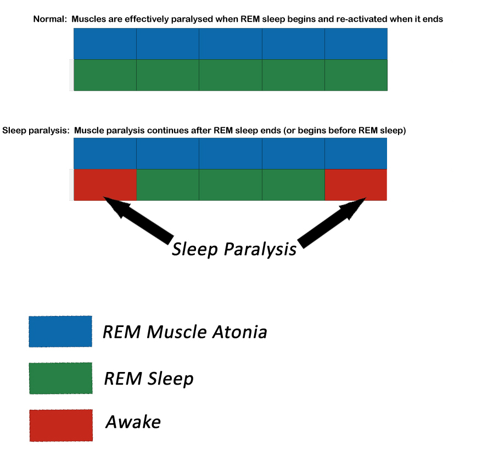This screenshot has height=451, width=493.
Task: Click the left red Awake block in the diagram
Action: click(x=105, y=185)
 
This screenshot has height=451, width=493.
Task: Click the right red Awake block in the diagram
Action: click(x=356, y=185)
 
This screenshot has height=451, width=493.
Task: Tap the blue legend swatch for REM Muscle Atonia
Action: click(x=60, y=331)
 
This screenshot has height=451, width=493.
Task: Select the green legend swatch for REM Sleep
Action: click(x=61, y=378)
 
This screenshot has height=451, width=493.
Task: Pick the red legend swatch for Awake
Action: click(x=61, y=425)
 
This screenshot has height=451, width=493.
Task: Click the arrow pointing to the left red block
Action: click(x=138, y=220)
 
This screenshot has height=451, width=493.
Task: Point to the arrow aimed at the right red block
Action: click(x=332, y=223)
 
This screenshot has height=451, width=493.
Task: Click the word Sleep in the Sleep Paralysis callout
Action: click(x=195, y=250)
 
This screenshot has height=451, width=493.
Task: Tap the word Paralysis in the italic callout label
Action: click(x=260, y=250)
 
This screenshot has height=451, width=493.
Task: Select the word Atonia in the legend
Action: click(x=239, y=332)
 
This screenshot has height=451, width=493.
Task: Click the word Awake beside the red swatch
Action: click(x=133, y=422)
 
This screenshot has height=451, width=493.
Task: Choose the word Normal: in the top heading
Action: click(x=50, y=19)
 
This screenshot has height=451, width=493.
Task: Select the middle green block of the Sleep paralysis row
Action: click(x=231, y=185)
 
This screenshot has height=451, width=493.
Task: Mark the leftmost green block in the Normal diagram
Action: click(x=105, y=75)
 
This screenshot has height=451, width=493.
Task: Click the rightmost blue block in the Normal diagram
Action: click(x=356, y=44)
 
